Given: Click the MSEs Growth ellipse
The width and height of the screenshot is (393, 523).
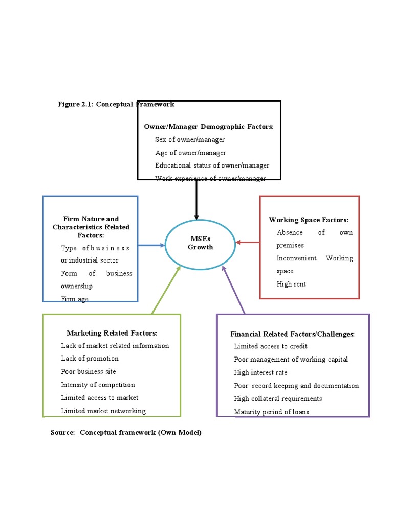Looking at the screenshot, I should [x=201, y=243].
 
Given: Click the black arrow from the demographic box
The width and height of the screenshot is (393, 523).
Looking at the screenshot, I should [x=196, y=199].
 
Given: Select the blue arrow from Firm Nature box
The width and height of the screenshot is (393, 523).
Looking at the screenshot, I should [x=151, y=245].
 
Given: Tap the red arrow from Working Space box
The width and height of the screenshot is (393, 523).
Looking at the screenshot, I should [x=248, y=242].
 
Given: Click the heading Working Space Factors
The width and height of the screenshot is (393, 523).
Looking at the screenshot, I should [x=309, y=220].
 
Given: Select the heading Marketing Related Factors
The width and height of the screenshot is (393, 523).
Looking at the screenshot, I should [x=112, y=333].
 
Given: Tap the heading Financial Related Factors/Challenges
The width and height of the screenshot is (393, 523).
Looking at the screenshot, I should [x=292, y=334].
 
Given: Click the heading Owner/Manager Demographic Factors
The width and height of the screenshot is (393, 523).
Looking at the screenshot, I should [x=209, y=126].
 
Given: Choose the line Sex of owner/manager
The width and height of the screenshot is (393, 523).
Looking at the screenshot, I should [x=190, y=139].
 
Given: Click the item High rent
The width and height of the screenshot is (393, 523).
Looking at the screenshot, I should [x=291, y=284].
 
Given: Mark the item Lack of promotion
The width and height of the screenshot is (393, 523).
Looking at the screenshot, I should [x=90, y=359].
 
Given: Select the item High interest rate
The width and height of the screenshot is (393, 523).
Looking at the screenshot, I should [x=260, y=372].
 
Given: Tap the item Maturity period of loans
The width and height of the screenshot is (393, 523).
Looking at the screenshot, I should [x=271, y=412].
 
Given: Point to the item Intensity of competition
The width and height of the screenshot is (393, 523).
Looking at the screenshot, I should [x=98, y=385].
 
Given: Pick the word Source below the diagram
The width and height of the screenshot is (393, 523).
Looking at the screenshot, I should [x=62, y=432].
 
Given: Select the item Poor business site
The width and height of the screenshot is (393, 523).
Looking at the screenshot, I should [x=89, y=371].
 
